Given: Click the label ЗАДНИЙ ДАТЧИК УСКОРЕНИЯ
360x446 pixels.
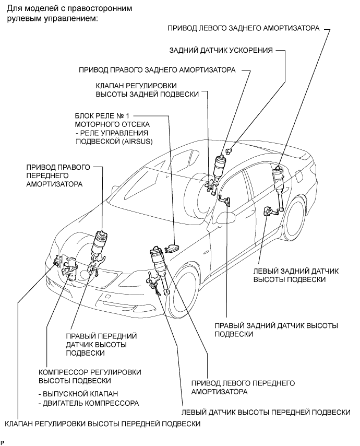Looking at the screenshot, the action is point(221,50).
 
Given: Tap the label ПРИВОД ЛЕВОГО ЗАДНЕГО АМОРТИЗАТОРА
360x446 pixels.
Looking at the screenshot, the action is point(244,28).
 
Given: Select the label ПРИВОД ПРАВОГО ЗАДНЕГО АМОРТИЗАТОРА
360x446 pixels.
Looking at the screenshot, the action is point(157,70).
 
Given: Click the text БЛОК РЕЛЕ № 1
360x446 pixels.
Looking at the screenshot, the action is point(102,116).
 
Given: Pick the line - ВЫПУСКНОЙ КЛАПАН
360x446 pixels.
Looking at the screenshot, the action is point(78,394).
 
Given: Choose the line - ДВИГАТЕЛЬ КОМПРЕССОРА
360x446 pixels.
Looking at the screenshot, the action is point(89,403).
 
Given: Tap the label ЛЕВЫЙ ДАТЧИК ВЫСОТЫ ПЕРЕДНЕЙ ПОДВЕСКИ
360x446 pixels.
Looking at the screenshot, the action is point(266,412).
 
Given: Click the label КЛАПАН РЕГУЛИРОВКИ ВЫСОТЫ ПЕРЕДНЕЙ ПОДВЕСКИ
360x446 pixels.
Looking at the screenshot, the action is point(103,424).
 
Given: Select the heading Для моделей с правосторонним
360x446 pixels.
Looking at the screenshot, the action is point(69,8).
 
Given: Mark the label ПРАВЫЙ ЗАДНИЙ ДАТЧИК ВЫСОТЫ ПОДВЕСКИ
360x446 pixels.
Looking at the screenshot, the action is point(276,330).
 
